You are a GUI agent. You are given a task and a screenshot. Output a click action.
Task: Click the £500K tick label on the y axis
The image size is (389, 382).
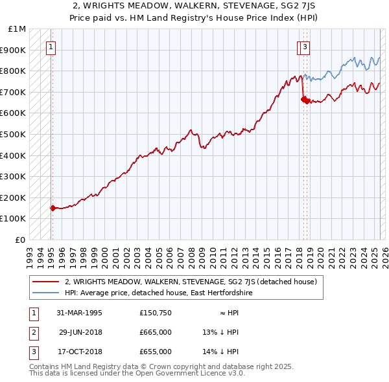pos(14,134)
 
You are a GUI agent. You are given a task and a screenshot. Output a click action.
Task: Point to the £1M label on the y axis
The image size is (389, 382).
pos(18,29)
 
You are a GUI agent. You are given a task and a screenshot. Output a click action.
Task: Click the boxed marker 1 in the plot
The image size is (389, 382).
pos(51,46)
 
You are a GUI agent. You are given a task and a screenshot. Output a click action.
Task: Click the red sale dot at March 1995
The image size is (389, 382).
pos(53,208)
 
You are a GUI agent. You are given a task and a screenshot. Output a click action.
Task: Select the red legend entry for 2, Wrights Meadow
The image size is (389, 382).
pos(190,282)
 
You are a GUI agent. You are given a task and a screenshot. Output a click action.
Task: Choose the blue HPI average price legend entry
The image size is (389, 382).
pos(158,293)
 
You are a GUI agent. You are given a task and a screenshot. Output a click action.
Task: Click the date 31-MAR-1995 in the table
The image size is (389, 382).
pos(79,312)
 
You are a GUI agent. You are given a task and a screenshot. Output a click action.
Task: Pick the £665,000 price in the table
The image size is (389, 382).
pos(156,332)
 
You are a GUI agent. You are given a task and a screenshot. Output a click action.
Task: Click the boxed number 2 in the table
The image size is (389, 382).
pos(32,332)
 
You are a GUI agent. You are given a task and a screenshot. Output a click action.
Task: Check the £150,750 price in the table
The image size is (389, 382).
pos(156,312)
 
